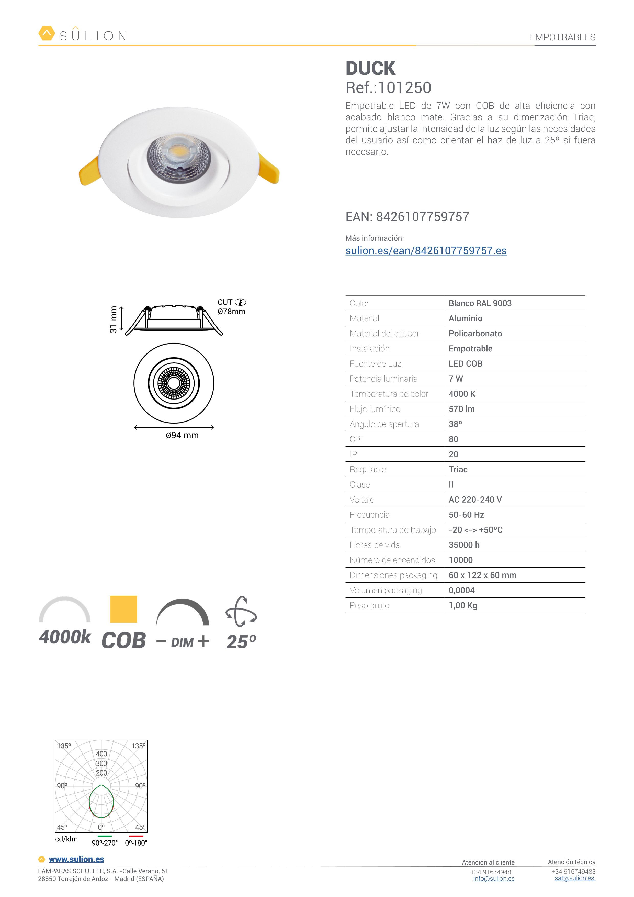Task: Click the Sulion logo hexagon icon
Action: [47, 33]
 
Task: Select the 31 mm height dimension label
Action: [113, 319]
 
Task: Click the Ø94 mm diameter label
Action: [182, 435]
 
